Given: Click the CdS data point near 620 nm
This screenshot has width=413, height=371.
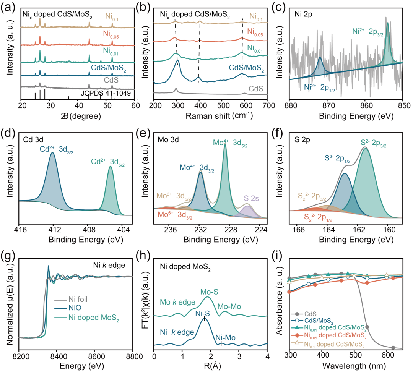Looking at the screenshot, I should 393,347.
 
